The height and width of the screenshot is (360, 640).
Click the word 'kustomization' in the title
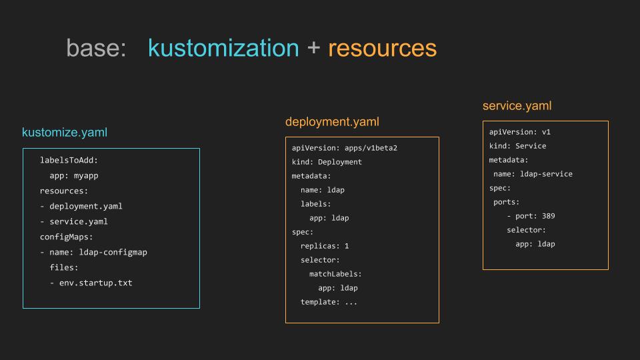pos(223,48)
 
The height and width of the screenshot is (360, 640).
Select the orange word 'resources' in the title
pos(383,48)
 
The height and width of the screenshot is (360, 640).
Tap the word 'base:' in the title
pos(96,48)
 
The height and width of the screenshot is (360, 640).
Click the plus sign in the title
pos(313,48)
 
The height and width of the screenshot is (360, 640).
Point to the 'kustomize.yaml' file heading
pos(65,132)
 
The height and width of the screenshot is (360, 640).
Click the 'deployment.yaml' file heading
pos(332,121)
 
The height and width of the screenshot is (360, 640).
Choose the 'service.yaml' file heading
pos(517,106)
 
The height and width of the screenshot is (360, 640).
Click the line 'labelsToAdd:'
pos(69,160)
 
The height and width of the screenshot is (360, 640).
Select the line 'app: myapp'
pos(74,175)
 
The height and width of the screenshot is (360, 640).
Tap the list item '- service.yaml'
pos(74,221)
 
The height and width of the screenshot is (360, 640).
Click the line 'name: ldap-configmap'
pos(99,252)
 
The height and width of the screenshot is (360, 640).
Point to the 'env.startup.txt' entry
pos(95,283)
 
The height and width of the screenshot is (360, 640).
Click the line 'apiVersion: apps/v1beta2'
pos(345,148)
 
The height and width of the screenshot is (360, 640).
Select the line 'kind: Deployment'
pos(327,162)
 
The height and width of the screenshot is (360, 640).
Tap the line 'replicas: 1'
pos(325,246)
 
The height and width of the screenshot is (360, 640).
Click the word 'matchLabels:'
pos(335,274)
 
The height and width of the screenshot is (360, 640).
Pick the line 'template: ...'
pos(329,302)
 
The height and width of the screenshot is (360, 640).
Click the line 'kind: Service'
pos(517,146)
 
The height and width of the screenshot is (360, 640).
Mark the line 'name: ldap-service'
pos(533,174)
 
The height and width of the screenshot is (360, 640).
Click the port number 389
pos(548,216)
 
